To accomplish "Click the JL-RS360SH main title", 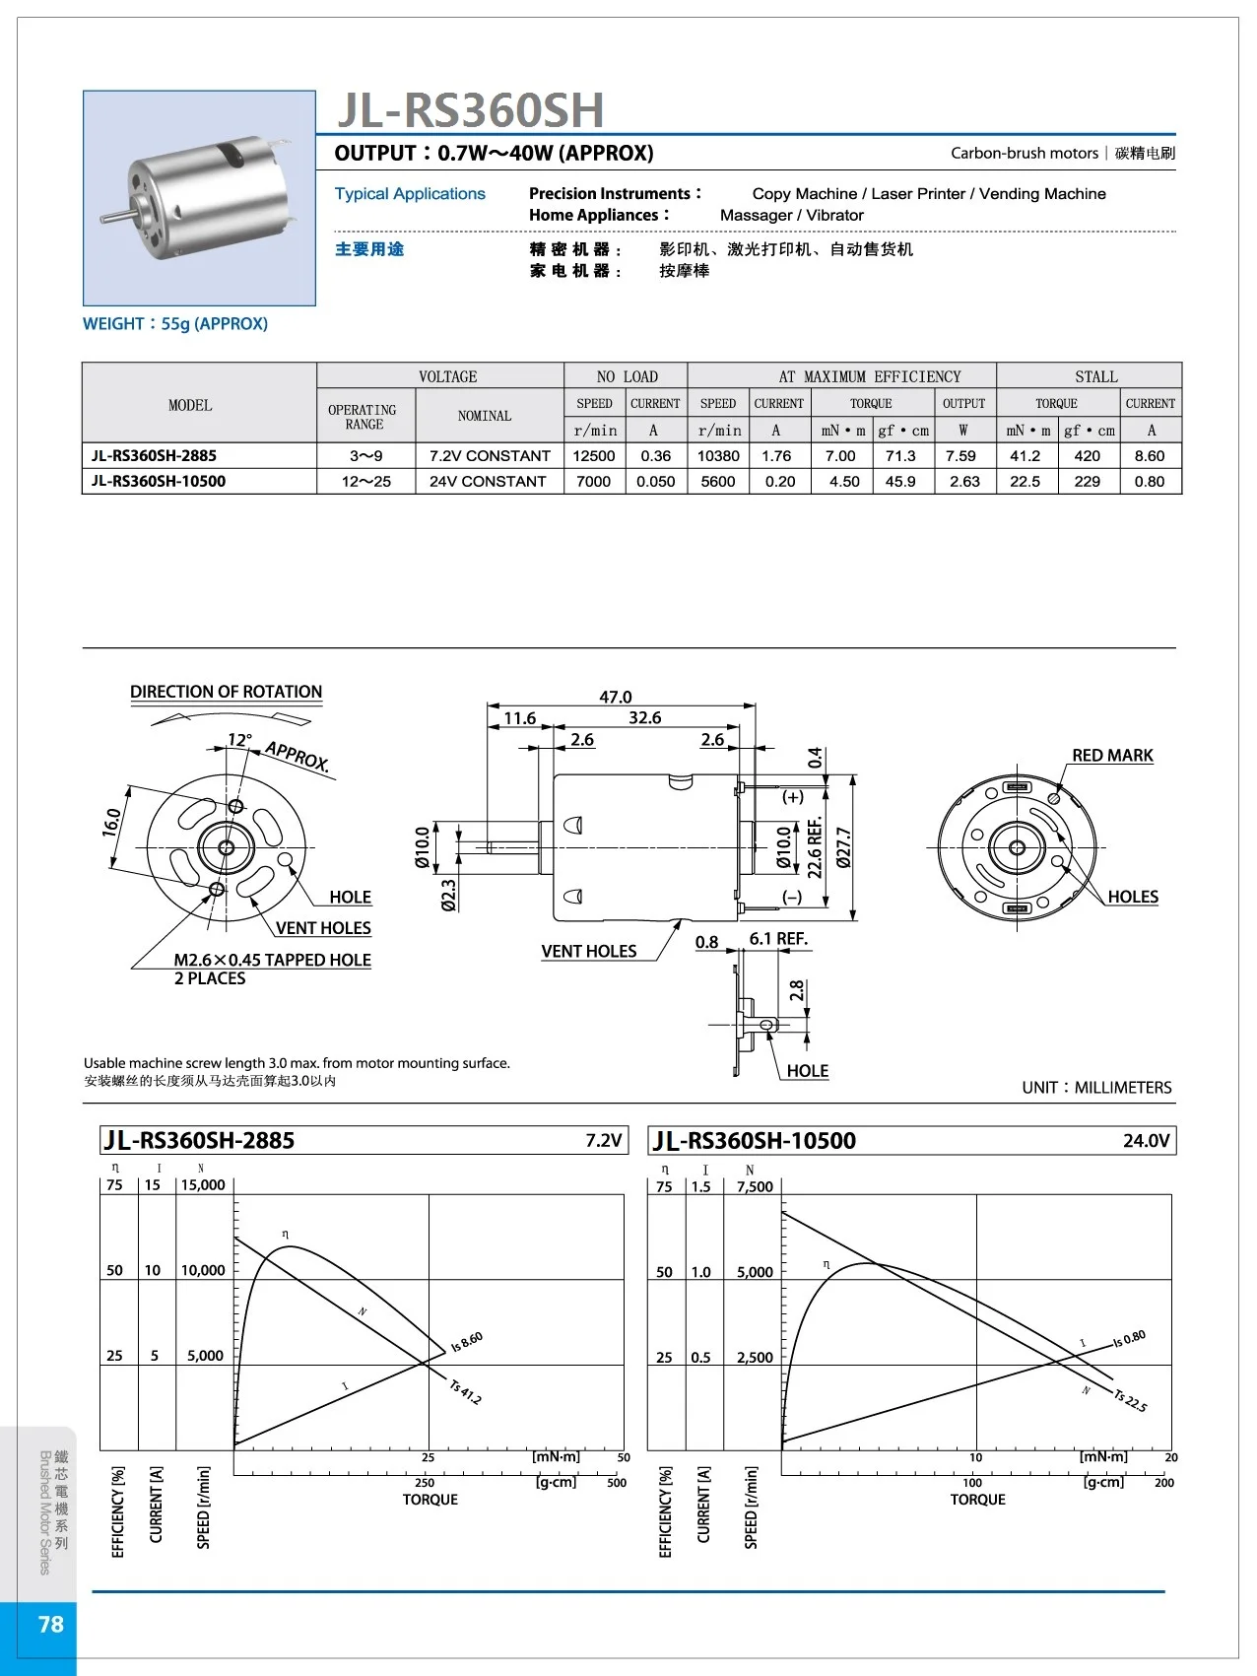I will [x=470, y=110].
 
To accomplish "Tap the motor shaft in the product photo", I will [x=115, y=215].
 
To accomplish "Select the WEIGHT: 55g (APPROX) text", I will [x=175, y=324].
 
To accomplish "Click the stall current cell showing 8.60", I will [x=1149, y=456].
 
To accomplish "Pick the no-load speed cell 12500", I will [x=594, y=456].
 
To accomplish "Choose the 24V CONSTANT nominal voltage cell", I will [x=488, y=482].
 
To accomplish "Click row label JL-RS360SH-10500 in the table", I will [x=159, y=482].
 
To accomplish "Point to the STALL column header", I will [x=1095, y=376].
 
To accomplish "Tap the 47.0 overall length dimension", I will [x=616, y=697].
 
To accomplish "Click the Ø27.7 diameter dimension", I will [x=844, y=848].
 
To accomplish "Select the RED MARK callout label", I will [x=1112, y=756].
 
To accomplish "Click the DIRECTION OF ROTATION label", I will [x=227, y=692].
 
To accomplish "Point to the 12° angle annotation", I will [x=239, y=740].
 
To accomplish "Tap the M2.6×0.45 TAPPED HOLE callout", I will [x=272, y=960].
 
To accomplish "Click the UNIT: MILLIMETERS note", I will [x=1096, y=1088].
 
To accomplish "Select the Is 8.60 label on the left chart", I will [x=467, y=1342].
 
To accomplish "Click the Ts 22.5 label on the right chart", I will [x=1130, y=1401].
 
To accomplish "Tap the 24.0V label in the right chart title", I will [x=1146, y=1141].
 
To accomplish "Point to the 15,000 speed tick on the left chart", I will [x=203, y=1185].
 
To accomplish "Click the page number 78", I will [x=50, y=1624].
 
